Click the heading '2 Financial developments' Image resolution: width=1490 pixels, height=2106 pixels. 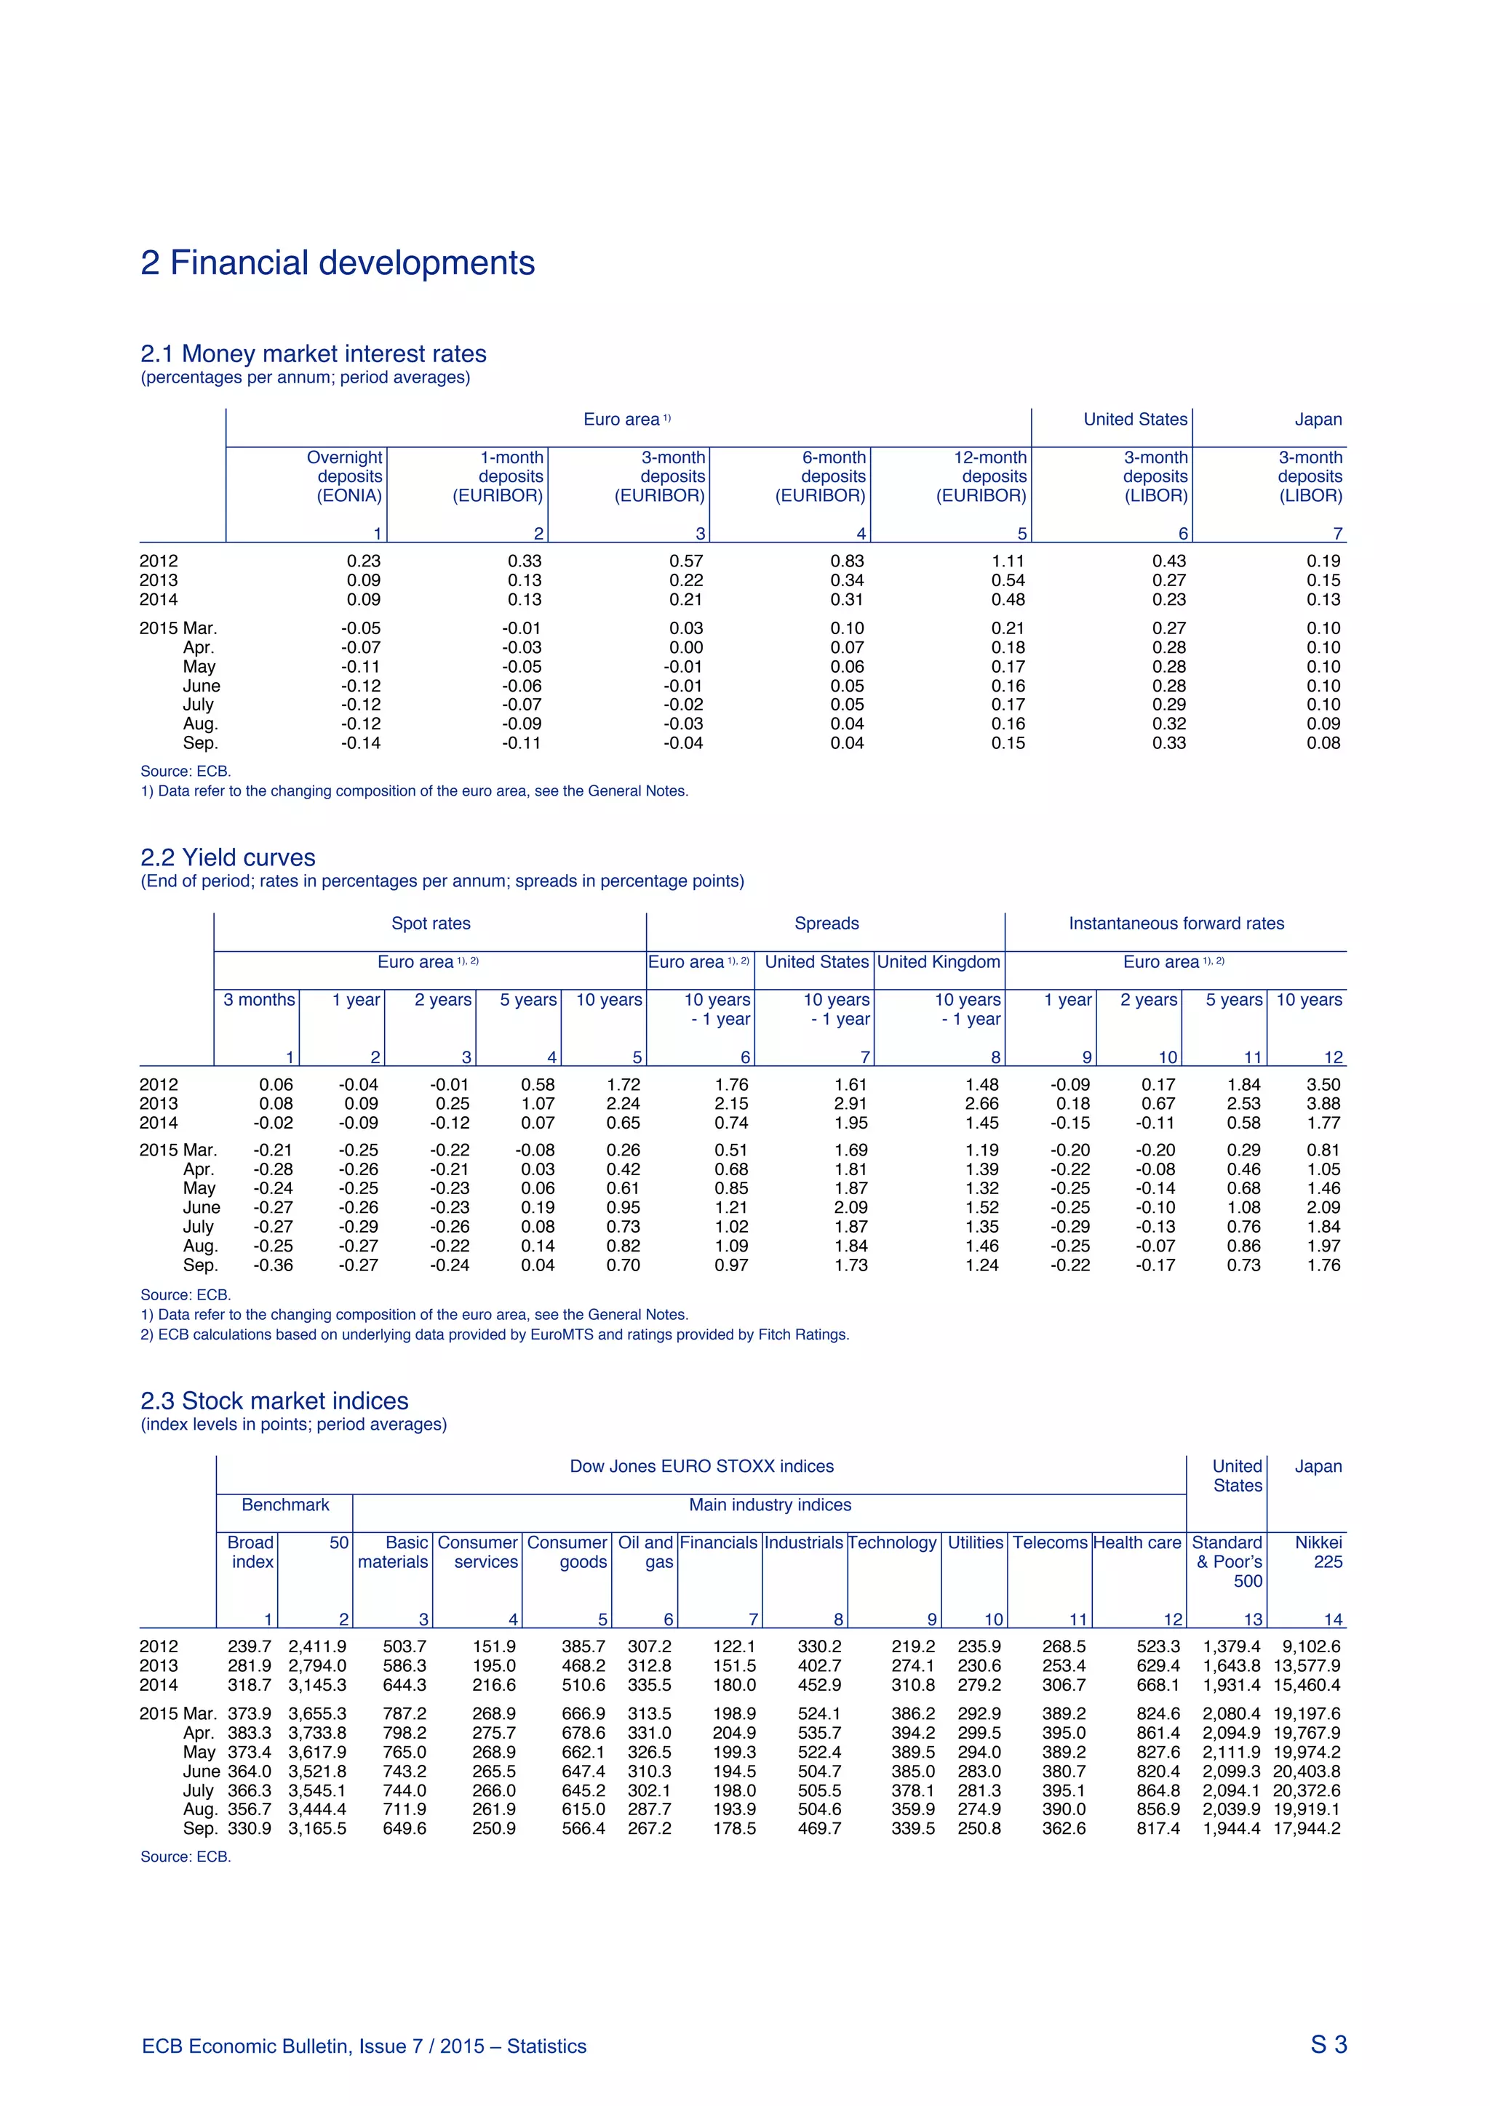(x=337, y=263)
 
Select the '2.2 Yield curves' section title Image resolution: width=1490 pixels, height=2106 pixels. (x=228, y=857)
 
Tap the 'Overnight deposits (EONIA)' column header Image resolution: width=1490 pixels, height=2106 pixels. (x=344, y=476)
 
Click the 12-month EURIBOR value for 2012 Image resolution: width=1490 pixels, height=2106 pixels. (x=1008, y=561)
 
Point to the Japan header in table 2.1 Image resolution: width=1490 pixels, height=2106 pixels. (x=1318, y=419)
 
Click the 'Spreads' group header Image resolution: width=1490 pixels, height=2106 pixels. (x=826, y=923)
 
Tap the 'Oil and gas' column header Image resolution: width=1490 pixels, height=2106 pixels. (x=645, y=1552)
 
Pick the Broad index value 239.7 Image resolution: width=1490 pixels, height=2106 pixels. (x=250, y=1646)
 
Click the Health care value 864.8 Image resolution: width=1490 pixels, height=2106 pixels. (x=1158, y=1790)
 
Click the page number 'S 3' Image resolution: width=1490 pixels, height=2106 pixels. (x=1328, y=2044)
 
